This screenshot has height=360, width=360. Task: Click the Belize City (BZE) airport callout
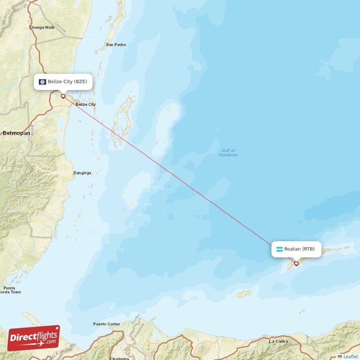(x=63, y=82)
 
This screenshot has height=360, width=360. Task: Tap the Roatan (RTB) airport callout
(x=296, y=249)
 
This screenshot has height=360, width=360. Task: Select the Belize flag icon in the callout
(x=43, y=82)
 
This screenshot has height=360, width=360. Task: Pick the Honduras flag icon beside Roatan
(x=279, y=249)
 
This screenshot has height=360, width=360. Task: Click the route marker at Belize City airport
(x=63, y=96)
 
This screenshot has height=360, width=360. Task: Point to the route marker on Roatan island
(x=296, y=264)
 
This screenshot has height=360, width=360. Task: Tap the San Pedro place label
(x=116, y=45)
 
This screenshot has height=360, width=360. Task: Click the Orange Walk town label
(x=42, y=27)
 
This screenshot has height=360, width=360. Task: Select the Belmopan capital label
(x=17, y=133)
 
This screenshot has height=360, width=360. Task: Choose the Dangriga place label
(x=82, y=172)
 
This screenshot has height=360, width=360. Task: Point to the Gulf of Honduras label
(x=228, y=153)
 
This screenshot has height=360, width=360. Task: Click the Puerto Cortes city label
(x=107, y=324)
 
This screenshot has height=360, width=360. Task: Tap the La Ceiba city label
(x=278, y=342)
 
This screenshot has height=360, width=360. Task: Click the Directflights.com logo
(x=34, y=338)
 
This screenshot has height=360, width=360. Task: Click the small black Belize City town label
(x=85, y=104)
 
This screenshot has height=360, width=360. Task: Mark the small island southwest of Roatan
(x=244, y=293)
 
